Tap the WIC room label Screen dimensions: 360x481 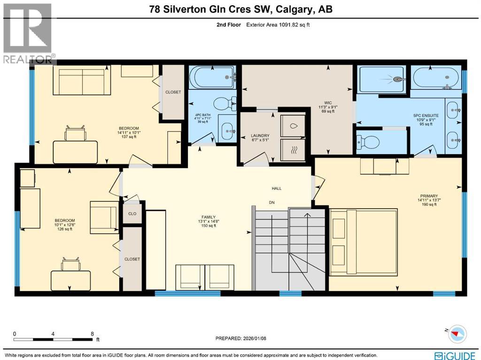(327, 102)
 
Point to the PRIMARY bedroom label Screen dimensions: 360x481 (429, 196)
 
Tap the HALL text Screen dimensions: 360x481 (277, 188)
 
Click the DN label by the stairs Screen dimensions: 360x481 (272, 203)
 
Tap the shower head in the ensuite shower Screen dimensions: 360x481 (398, 79)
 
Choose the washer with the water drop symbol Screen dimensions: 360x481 (292, 125)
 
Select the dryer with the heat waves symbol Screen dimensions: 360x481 (292, 151)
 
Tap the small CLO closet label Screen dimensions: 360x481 (132, 213)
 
